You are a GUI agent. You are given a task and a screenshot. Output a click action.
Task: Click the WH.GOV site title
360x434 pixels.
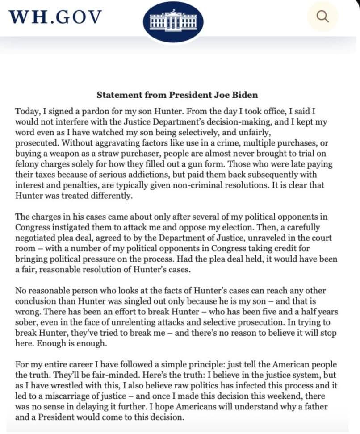(x=55, y=17)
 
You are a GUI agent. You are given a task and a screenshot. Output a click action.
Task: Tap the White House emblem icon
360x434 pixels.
(x=173, y=21)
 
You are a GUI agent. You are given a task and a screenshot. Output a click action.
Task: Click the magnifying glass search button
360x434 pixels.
(x=322, y=17)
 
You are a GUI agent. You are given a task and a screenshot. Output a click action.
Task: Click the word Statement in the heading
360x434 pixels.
(x=116, y=95)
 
